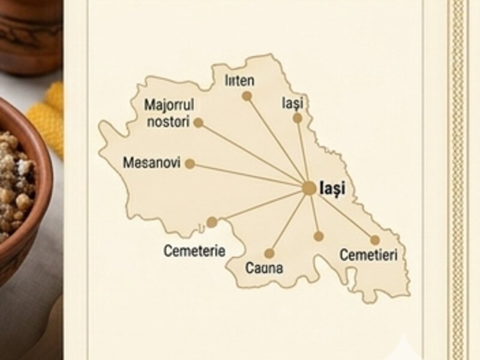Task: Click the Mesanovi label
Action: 151,163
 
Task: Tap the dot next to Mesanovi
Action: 190,163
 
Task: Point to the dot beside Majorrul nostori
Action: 198,122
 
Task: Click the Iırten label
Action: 239,80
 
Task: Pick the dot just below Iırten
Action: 247,95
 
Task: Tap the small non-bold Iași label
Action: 293,103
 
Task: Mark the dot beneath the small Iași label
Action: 297,118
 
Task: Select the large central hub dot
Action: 308,188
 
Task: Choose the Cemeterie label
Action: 194,251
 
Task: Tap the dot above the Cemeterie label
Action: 212,222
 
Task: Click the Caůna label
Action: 264,268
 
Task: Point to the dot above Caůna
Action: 269,253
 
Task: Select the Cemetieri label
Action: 368,255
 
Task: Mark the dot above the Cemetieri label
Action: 375,240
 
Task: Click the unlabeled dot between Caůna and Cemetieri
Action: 318,236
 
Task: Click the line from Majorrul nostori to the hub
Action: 252,154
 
